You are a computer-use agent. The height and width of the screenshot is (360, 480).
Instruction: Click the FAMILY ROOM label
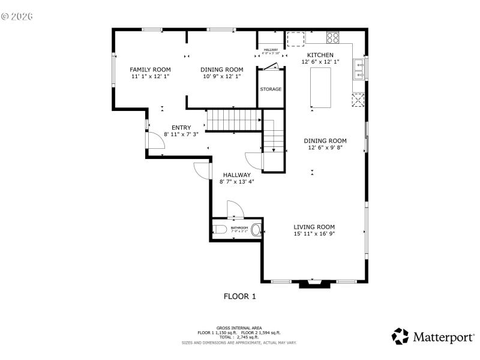pyautogui.click(x=150, y=70)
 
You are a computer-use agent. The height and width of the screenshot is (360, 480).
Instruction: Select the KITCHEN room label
pyautogui.click(x=320, y=55)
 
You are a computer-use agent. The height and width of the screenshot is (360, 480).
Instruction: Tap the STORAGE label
pyautogui.click(x=271, y=89)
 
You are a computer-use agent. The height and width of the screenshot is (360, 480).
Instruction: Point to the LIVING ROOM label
pyautogui.click(x=314, y=227)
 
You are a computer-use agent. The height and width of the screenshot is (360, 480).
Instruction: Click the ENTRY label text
pyautogui.click(x=181, y=127)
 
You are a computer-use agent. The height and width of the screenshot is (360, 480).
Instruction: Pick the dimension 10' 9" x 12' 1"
pyautogui.click(x=221, y=77)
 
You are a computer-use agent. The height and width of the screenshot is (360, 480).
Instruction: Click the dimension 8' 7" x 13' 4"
pyautogui.click(x=237, y=182)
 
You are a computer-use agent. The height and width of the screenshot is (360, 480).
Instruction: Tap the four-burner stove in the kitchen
pyautogui.click(x=332, y=37)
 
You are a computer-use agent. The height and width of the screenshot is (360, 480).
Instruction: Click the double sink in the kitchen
pyautogui.click(x=359, y=69)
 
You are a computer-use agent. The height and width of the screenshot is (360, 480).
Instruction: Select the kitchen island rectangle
pyautogui.click(x=320, y=88)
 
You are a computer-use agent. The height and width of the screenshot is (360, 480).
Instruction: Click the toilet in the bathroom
pyautogui.click(x=218, y=229)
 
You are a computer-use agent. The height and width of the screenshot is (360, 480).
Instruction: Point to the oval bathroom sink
pyautogui.click(x=256, y=229)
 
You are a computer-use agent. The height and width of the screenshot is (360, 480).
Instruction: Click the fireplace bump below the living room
pyautogui.click(x=314, y=284)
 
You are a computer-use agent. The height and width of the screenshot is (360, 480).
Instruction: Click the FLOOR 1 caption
pyautogui.click(x=240, y=296)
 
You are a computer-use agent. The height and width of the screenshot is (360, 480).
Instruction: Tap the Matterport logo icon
pyautogui.click(x=400, y=336)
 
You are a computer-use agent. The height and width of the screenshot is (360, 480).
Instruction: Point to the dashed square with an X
pyautogui.click(x=359, y=100)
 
